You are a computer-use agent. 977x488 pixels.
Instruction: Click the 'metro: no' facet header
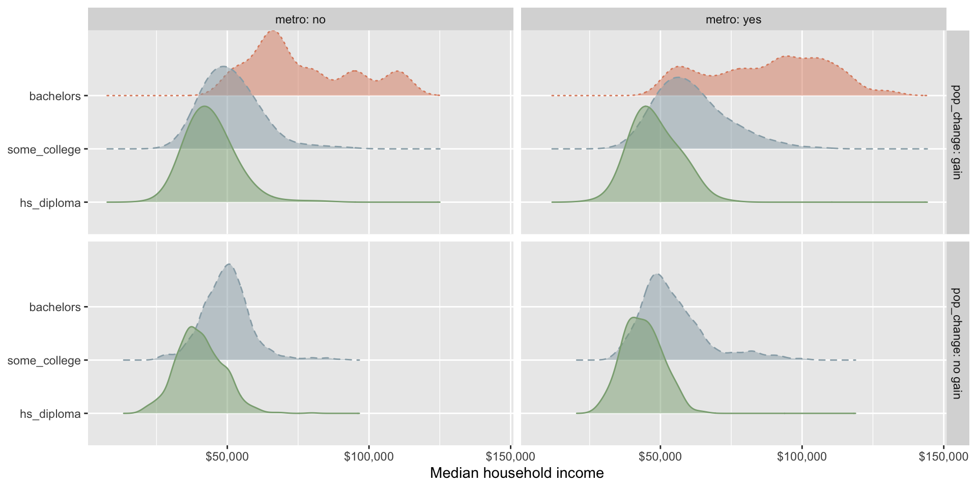point(300,20)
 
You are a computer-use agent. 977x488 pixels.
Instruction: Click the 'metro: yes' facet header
point(733,20)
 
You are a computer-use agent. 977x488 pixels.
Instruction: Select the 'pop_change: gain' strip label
point(957,132)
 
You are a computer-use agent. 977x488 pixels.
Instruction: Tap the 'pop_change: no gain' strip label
point(957,343)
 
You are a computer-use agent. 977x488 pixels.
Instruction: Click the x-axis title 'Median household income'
point(516,473)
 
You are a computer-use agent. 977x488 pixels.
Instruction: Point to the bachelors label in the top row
point(55,96)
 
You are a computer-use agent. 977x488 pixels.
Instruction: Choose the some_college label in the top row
point(44,149)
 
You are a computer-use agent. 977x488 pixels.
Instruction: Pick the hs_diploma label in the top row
point(50,203)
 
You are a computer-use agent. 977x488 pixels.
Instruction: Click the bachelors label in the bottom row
point(55,307)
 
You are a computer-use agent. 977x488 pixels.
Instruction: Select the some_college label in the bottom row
point(44,360)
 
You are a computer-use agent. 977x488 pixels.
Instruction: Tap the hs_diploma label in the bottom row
point(50,414)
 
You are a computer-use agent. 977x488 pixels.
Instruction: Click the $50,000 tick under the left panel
point(227,456)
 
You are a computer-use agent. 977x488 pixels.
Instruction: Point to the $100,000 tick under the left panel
point(369,456)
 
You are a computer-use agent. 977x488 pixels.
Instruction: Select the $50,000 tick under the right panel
point(660,456)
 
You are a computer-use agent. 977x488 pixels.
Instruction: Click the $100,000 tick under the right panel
point(802,456)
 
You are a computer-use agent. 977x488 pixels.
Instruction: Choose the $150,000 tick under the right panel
point(943,456)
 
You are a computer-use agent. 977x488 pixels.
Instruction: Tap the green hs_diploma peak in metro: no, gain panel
point(205,106)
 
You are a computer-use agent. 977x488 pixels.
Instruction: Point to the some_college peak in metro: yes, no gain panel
point(657,274)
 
